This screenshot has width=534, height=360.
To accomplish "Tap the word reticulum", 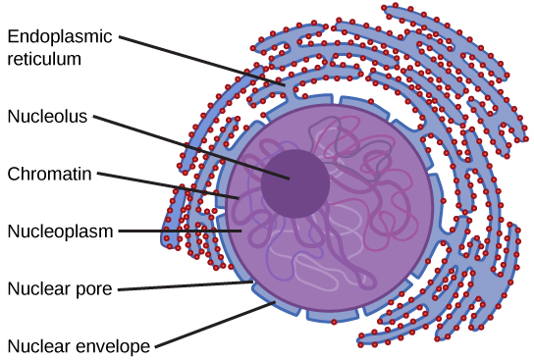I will click(45, 59).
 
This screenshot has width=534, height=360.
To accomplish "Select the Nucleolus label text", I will click(48, 116).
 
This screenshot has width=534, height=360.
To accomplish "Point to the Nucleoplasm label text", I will click(60, 231).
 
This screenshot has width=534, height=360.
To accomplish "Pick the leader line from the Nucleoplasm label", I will click(182, 231).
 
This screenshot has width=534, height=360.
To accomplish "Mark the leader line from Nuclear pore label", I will click(182, 285).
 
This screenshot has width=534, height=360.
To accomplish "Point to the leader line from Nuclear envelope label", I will click(216, 325).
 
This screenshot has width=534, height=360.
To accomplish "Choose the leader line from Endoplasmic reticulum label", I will click(206, 61).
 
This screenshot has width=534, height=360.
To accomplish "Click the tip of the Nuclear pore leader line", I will click(252, 282).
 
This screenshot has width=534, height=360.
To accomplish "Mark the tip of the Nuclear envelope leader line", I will click(276, 303).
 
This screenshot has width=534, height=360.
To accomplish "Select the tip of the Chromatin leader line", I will click(238, 199).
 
